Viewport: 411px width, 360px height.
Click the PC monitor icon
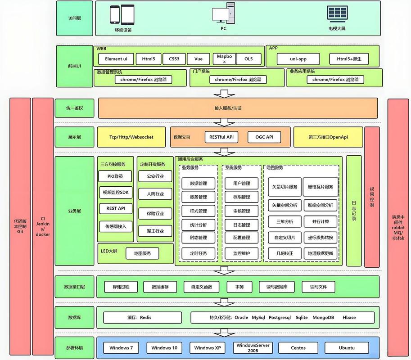click(223, 15)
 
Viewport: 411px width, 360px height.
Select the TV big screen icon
click(337, 14)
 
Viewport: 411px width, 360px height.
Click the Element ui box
click(116, 59)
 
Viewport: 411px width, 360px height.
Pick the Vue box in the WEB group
click(199, 59)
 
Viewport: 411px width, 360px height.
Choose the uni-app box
click(298, 59)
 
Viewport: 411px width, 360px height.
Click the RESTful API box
click(221, 137)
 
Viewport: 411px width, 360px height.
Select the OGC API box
click(264, 137)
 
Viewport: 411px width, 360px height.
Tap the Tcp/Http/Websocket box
click(131, 137)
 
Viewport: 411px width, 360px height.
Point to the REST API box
click(116, 209)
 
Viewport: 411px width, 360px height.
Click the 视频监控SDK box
click(116, 193)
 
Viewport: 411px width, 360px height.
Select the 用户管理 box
click(242, 184)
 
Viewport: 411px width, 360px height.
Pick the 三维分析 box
click(284, 221)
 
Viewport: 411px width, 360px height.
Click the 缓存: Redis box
click(139, 317)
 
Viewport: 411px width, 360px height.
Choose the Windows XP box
click(207, 348)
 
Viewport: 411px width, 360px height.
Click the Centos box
click(298, 348)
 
